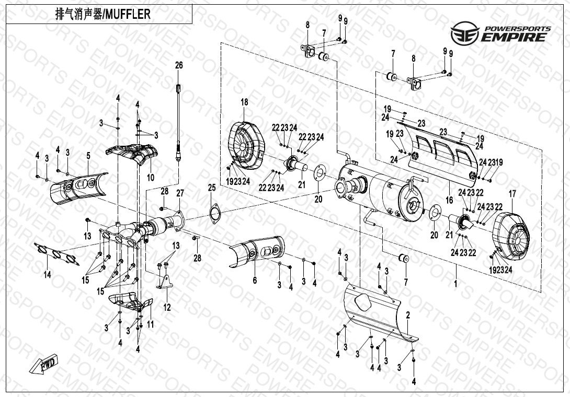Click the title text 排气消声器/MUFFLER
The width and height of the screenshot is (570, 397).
[102, 14]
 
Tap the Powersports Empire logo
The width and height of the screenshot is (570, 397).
[500, 33]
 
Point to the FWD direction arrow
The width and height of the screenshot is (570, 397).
[44, 365]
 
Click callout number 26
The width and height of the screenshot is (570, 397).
[179, 65]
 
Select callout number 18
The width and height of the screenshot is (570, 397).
[244, 102]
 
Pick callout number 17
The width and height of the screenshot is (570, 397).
[512, 194]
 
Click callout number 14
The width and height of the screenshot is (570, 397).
[47, 275]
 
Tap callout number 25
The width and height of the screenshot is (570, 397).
[212, 188]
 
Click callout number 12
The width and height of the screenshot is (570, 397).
[167, 307]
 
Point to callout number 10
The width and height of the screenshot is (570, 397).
[150, 178]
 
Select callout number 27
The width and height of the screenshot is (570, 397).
[180, 193]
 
